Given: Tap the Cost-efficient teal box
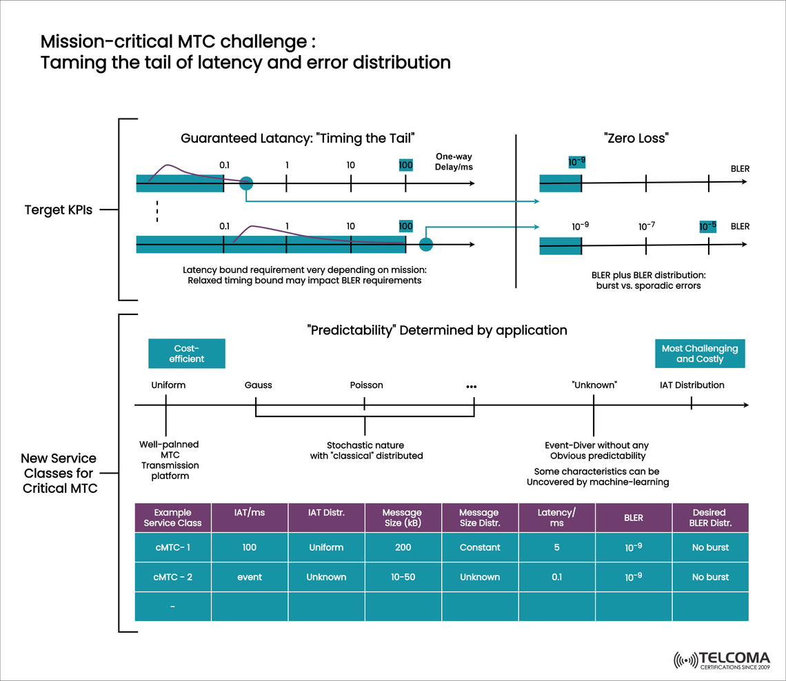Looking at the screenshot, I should pos(187,354).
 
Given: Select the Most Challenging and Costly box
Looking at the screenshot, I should pos(700,354).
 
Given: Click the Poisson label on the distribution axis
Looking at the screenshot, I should pos(367,385).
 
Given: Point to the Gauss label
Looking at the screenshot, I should pos(259,385).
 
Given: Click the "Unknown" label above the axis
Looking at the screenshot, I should pos(594,385).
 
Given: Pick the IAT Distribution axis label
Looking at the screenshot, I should pos(692,385).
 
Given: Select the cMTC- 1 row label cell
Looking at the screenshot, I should pos(172,547).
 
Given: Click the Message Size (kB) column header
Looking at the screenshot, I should pos(403,518).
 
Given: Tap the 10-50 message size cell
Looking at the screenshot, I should pos(403,577).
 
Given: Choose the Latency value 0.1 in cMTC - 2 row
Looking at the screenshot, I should pos(557,577).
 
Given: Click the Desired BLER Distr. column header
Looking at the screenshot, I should pos(709,518).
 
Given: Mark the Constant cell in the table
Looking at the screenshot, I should pos(480,547).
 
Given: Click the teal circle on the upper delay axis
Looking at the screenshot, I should pos(246,183).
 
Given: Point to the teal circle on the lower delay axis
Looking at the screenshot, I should pos(426,244).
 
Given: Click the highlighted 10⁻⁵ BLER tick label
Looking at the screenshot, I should pos(708,226).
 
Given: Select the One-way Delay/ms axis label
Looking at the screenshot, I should pos(454,162).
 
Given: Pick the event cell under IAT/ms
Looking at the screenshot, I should pos(250,577).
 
